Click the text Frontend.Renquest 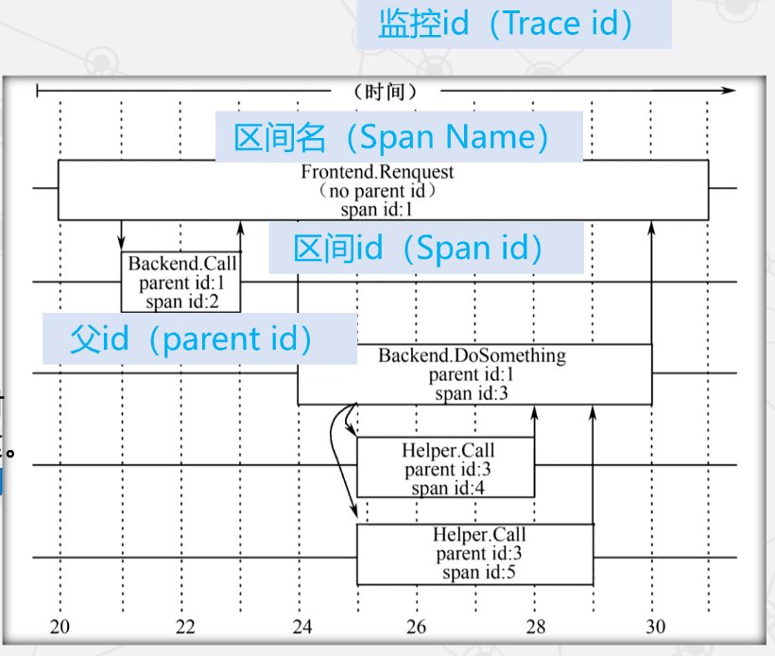[377, 172]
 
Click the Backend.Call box [181, 282]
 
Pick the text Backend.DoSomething [472, 356]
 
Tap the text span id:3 [472, 393]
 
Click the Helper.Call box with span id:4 [445, 468]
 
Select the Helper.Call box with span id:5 [474, 554]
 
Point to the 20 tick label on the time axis [60, 627]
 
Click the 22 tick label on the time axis [185, 627]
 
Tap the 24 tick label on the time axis [301, 627]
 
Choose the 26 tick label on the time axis [417, 627]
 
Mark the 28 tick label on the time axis [536, 627]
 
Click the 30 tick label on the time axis [655, 627]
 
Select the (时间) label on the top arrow [384, 92]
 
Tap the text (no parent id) [377, 191]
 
